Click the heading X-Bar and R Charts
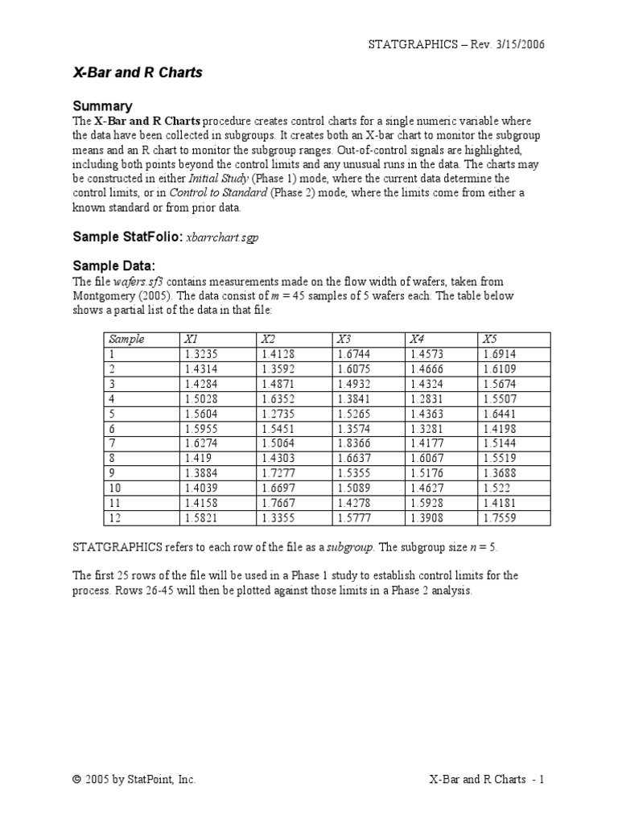(138, 72)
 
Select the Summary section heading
(102, 106)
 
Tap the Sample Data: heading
(113, 266)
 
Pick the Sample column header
(126, 339)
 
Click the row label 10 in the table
(114, 488)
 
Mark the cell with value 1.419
(196, 458)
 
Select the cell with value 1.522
(496, 488)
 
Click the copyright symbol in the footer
(77, 779)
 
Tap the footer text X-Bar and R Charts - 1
(487, 779)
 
